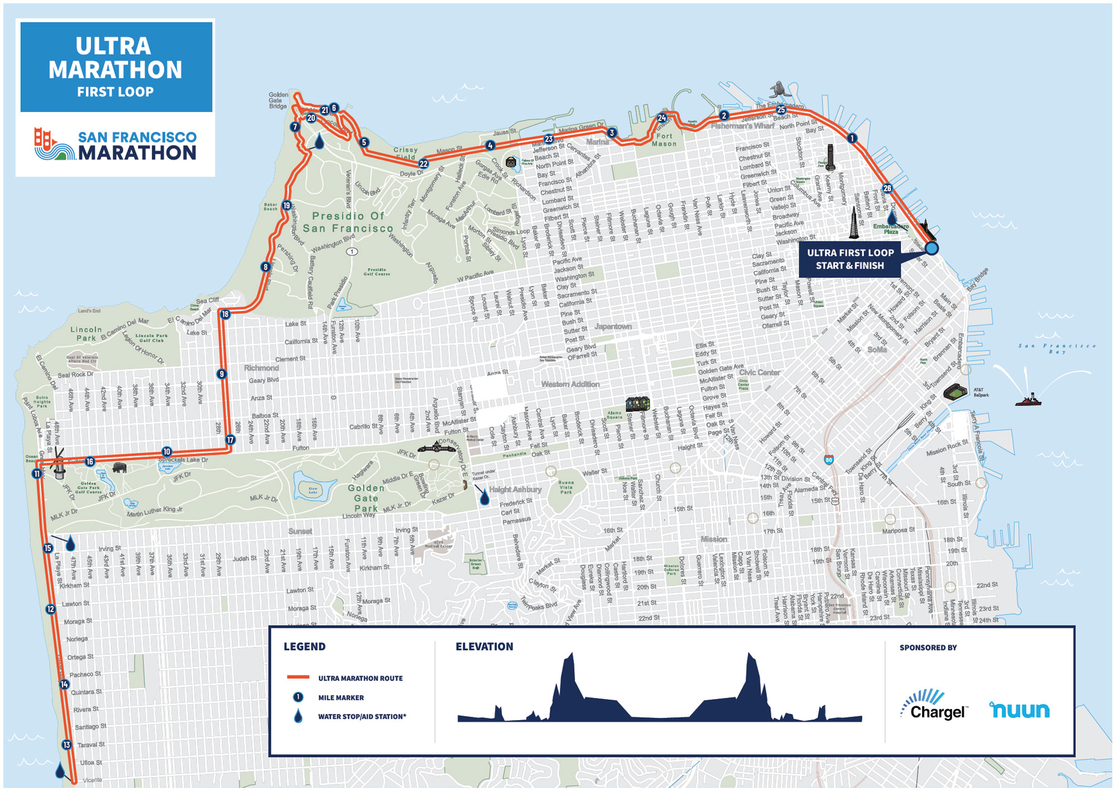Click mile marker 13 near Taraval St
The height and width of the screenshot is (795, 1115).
click(67, 745)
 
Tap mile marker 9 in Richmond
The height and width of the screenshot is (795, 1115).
click(222, 374)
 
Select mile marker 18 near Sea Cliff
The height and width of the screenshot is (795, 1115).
click(225, 314)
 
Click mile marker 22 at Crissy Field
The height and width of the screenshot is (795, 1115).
click(424, 164)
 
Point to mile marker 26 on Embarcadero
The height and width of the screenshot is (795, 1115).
click(887, 188)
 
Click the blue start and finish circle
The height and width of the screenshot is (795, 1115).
click(931, 248)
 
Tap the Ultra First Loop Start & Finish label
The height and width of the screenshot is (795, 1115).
click(850, 259)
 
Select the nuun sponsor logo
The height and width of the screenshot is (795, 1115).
click(1020, 710)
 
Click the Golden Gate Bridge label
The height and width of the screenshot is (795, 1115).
click(278, 100)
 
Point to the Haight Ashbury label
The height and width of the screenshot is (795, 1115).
click(515, 489)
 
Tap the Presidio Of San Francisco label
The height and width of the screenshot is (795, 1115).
click(348, 222)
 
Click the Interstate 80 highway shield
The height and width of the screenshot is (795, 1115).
click(829, 460)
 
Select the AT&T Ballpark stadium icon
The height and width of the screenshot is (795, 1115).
click(956, 392)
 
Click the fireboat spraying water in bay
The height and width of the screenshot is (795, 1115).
click(1028, 399)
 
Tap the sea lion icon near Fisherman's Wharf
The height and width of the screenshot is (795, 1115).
click(777, 89)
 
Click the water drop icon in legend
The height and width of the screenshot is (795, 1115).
click(298, 716)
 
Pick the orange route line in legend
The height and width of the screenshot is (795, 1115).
click(298, 677)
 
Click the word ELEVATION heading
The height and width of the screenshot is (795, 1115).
click(484, 647)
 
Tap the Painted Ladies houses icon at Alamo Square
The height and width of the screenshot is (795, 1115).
click(637, 403)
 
